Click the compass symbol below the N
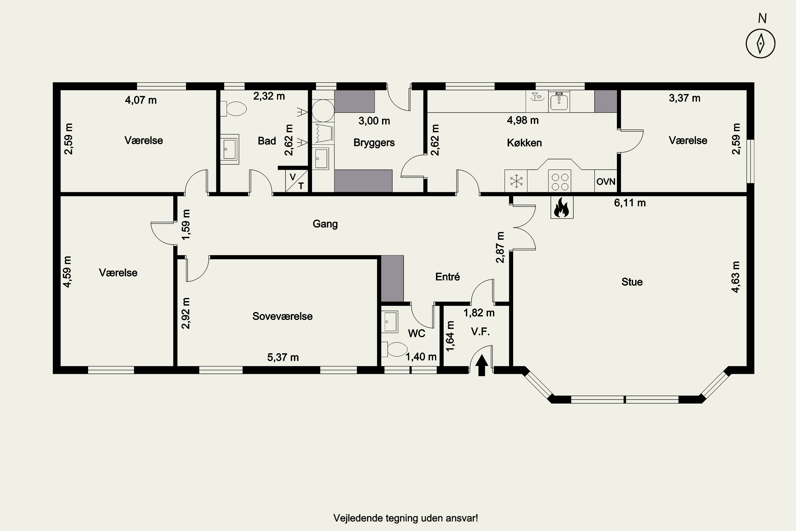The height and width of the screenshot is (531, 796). (x=760, y=43)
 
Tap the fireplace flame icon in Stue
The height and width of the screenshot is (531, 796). (x=562, y=207)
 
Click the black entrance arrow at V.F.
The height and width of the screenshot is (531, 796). (x=482, y=365)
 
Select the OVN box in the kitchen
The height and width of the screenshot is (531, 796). (x=606, y=181)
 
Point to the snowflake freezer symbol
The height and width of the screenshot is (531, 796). (x=516, y=181)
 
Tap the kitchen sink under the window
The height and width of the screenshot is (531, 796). (x=559, y=101)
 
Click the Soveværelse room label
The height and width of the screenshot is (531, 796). (x=283, y=316)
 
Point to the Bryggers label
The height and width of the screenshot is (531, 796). (x=374, y=143)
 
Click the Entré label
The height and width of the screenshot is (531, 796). (x=447, y=277)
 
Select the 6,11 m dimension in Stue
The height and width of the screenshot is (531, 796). (x=630, y=203)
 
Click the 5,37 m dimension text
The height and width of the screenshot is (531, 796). (x=283, y=357)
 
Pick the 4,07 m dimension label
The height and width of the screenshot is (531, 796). (x=141, y=100)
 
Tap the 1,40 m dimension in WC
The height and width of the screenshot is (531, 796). (x=421, y=357)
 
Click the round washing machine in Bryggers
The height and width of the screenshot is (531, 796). (x=323, y=110)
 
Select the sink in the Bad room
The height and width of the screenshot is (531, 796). (x=230, y=149)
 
